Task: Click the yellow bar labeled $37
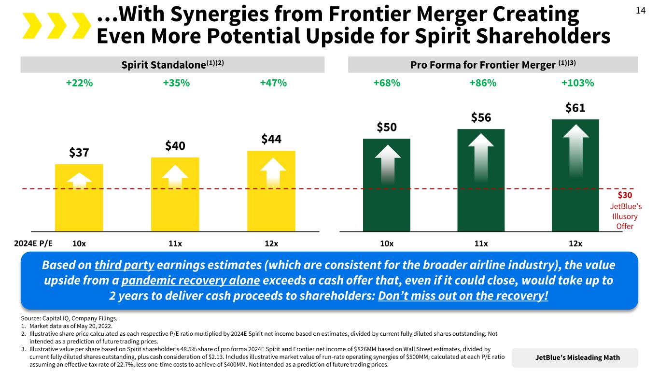pyautogui.click(x=79, y=198)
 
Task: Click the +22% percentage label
pyautogui.click(x=79, y=83)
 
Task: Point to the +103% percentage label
pyautogui.click(x=577, y=83)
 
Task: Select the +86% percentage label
pyautogui.click(x=483, y=83)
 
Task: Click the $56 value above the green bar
pyautogui.click(x=481, y=117)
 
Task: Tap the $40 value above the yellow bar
pyautogui.click(x=175, y=145)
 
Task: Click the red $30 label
pyautogui.click(x=625, y=195)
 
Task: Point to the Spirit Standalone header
pyautogui.click(x=172, y=64)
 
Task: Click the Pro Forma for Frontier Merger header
pyautogui.click(x=493, y=64)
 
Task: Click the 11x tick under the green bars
pyautogui.click(x=481, y=243)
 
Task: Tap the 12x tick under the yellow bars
pyautogui.click(x=271, y=243)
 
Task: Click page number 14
pyautogui.click(x=640, y=11)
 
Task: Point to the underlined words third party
pyautogui.click(x=125, y=266)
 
